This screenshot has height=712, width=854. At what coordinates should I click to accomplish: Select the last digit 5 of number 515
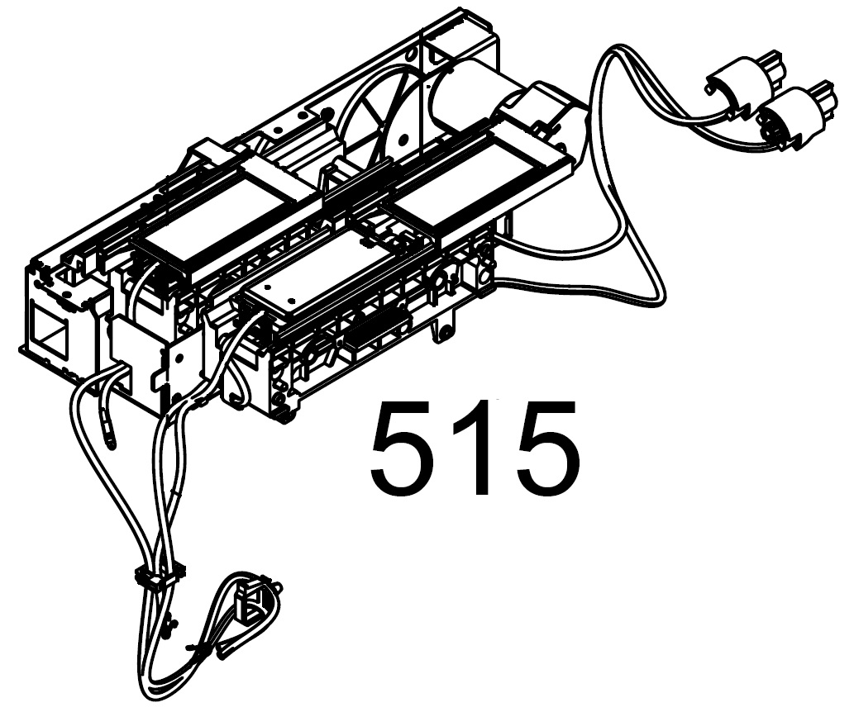545,448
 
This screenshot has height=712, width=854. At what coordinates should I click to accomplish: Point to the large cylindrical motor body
469,98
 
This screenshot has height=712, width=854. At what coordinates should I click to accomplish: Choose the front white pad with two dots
327,278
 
